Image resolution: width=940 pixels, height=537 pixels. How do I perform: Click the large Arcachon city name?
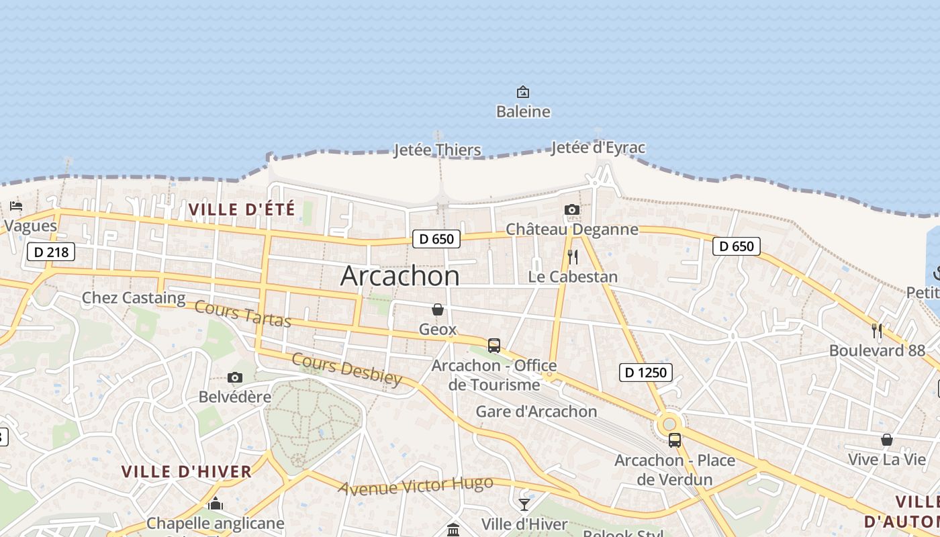point(400,276)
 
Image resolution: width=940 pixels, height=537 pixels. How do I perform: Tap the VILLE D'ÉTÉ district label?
point(242,209)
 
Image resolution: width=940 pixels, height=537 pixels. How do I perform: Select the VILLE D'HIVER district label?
point(187,471)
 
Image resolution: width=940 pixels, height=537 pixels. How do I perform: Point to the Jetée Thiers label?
point(437,150)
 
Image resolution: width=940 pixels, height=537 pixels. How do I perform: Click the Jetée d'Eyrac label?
point(598,148)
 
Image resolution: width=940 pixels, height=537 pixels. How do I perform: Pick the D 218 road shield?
point(51,252)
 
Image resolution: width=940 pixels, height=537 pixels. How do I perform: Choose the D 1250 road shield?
point(646,373)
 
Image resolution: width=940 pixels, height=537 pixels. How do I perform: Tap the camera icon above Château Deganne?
point(572,210)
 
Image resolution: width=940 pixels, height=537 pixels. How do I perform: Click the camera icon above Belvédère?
point(234,378)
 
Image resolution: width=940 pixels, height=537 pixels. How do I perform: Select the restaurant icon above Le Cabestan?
point(573,257)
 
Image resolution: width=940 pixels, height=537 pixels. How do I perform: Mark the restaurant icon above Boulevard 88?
point(877,331)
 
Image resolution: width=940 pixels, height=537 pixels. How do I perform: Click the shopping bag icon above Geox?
point(438,309)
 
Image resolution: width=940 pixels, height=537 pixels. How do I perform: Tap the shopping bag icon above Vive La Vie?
point(887,440)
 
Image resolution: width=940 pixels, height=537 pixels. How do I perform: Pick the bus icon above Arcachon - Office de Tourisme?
point(494,346)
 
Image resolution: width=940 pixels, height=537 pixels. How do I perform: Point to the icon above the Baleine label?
point(522,92)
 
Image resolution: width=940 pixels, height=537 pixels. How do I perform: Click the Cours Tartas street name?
point(243,314)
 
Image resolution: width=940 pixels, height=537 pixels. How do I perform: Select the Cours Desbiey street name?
point(346,369)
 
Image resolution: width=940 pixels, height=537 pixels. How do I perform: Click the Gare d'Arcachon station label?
point(536,411)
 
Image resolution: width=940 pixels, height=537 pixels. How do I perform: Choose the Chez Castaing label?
point(133,298)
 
